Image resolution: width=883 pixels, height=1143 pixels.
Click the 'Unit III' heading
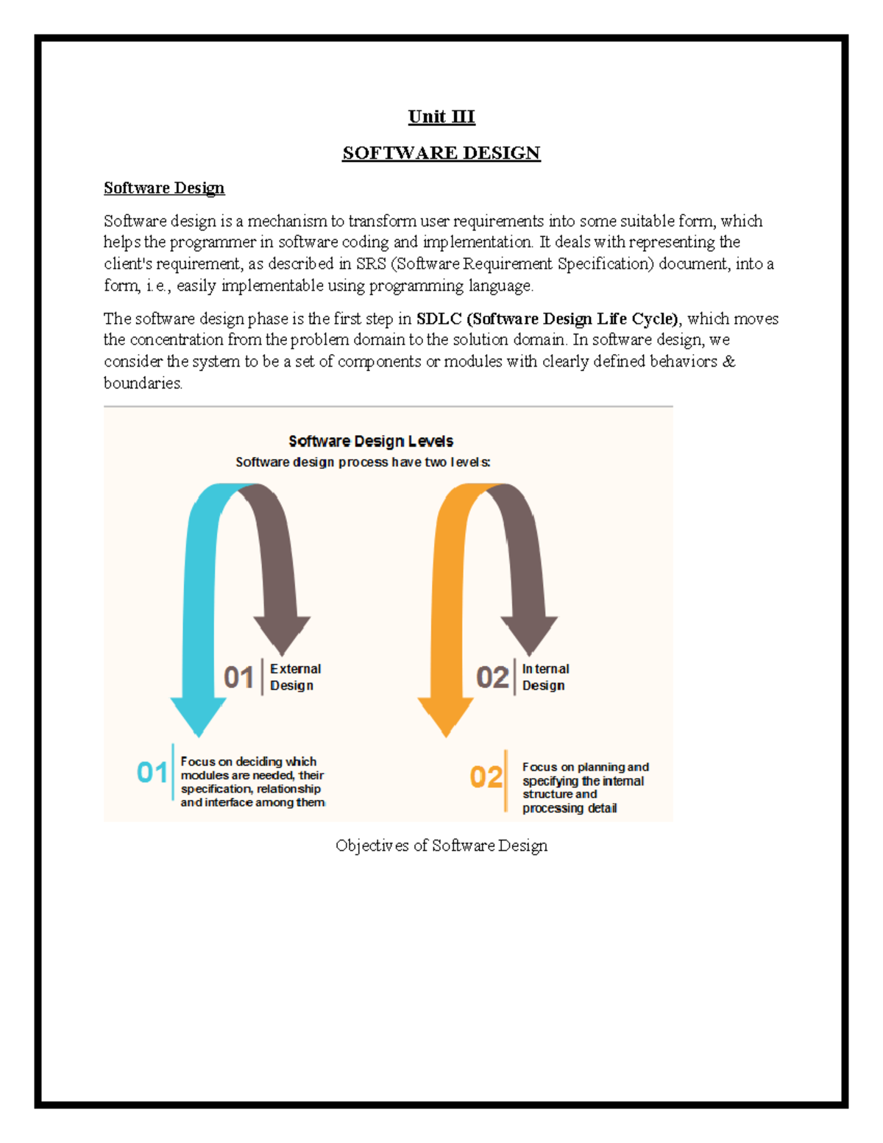pyautogui.click(x=441, y=117)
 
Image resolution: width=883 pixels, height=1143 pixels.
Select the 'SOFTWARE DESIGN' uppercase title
pyautogui.click(x=441, y=153)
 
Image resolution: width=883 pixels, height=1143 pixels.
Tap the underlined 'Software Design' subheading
pyautogui.click(x=164, y=188)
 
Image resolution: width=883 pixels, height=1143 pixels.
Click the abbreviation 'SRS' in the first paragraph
pyautogui.click(x=371, y=264)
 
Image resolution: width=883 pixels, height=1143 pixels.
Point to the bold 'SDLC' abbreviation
pyautogui.click(x=439, y=319)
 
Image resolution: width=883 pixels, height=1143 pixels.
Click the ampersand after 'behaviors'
pyautogui.click(x=729, y=361)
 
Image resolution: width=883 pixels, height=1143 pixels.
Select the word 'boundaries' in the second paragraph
pyautogui.click(x=142, y=383)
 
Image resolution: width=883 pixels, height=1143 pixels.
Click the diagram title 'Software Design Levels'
pyautogui.click(x=371, y=441)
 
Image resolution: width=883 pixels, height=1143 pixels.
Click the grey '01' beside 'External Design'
pyautogui.click(x=238, y=677)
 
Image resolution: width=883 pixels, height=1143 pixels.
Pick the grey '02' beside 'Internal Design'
pyautogui.click(x=492, y=677)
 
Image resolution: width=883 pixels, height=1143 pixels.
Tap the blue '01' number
pyautogui.click(x=152, y=773)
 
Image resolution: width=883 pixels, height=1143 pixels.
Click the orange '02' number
pyautogui.click(x=486, y=777)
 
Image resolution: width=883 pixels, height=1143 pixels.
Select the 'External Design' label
pyautogui.click(x=295, y=677)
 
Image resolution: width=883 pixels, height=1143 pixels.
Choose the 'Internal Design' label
pyautogui.click(x=545, y=677)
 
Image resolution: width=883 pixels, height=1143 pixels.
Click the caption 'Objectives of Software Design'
pyautogui.click(x=441, y=846)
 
